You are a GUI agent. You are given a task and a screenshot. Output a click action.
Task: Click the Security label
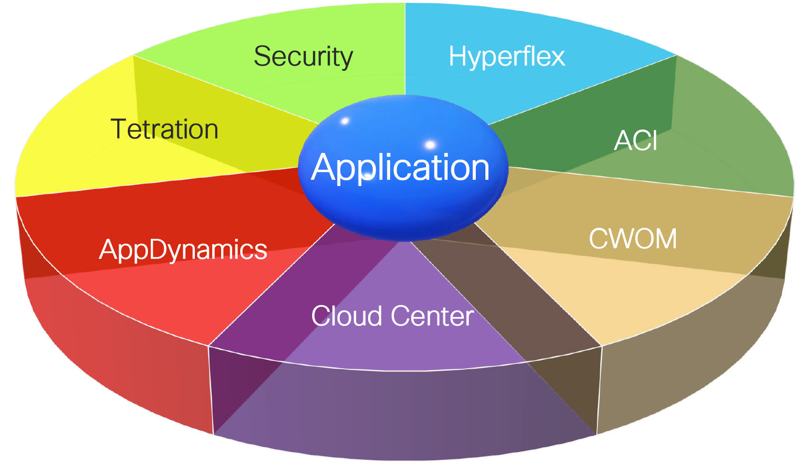pos(303,57)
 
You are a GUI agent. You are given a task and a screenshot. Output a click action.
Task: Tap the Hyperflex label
pos(506,57)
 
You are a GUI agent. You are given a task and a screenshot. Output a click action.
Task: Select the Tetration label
pos(164,129)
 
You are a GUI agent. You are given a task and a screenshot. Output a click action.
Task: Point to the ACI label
pos(636,140)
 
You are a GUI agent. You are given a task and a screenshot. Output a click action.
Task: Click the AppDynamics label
pos(183,250)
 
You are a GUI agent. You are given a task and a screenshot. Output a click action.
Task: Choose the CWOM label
pos(633,239)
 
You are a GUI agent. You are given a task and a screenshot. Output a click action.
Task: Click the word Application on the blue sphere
pos(400,168)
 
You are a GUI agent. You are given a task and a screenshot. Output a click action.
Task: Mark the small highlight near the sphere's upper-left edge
pos(345,121)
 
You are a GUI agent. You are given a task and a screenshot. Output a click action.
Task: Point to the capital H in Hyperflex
pos(457,56)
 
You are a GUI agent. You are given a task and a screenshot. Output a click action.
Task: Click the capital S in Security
pos(262,57)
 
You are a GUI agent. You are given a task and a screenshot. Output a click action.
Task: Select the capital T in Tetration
pos(119,129)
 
